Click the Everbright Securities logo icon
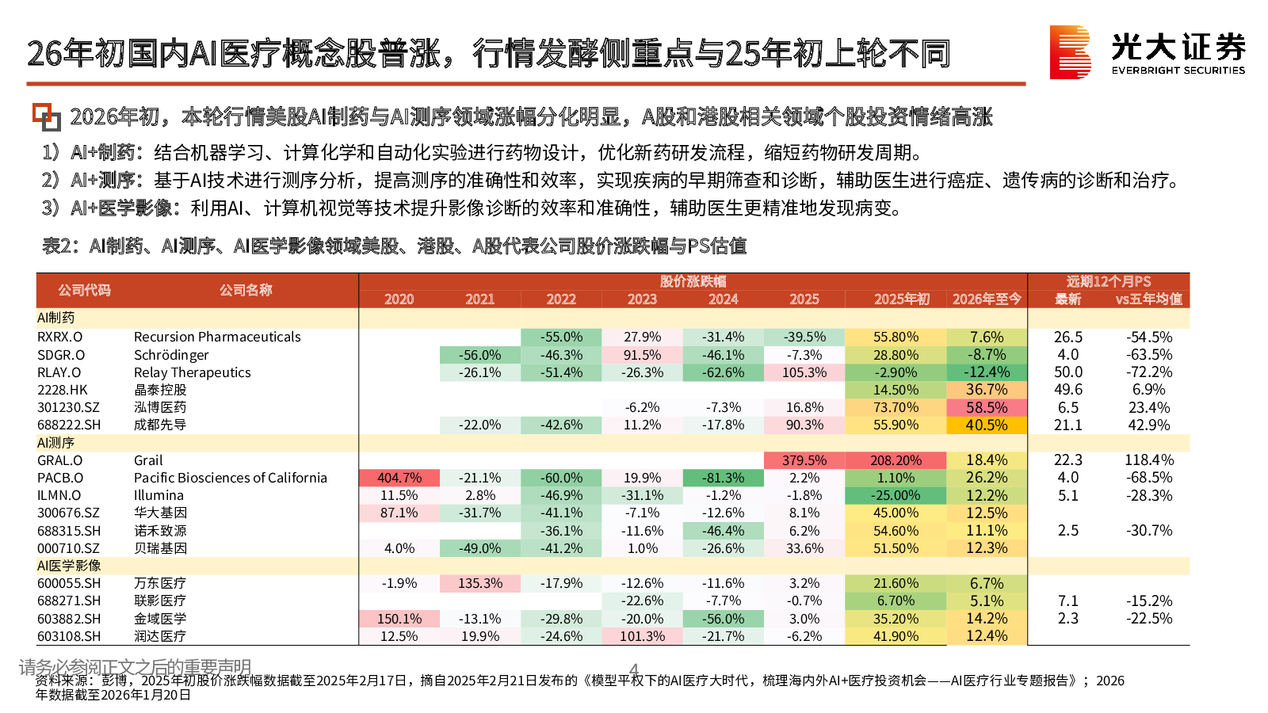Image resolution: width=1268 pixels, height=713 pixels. (1071, 52)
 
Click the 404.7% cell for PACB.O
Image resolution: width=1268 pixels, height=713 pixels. (399, 478)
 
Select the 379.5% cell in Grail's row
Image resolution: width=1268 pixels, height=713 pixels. (804, 460)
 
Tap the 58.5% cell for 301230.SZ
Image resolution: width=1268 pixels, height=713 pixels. (986, 407)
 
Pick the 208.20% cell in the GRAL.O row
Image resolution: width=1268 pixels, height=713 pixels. (896, 460)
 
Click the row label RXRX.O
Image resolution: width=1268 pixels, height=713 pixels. (59, 337)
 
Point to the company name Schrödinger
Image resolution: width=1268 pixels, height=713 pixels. (171, 355)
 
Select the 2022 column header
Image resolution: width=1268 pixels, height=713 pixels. (561, 299)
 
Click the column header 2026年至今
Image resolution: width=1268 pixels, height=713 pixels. (986, 299)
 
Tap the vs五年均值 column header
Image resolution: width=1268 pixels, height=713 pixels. (1148, 299)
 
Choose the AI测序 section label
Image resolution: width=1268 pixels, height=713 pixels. (55, 442)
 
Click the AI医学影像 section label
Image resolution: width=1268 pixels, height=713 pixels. (69, 566)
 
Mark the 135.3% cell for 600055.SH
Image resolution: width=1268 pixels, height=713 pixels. (480, 583)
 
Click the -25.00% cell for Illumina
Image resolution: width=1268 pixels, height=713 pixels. (896, 495)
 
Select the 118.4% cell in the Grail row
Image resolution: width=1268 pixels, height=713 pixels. (1148, 460)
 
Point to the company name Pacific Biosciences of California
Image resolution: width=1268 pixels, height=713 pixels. (230, 478)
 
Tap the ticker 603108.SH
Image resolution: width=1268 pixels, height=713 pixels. (69, 636)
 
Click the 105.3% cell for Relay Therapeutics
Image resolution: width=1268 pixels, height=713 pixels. (804, 372)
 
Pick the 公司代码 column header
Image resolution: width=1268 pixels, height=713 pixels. (84, 290)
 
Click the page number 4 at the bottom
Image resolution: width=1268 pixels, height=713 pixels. (634, 669)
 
